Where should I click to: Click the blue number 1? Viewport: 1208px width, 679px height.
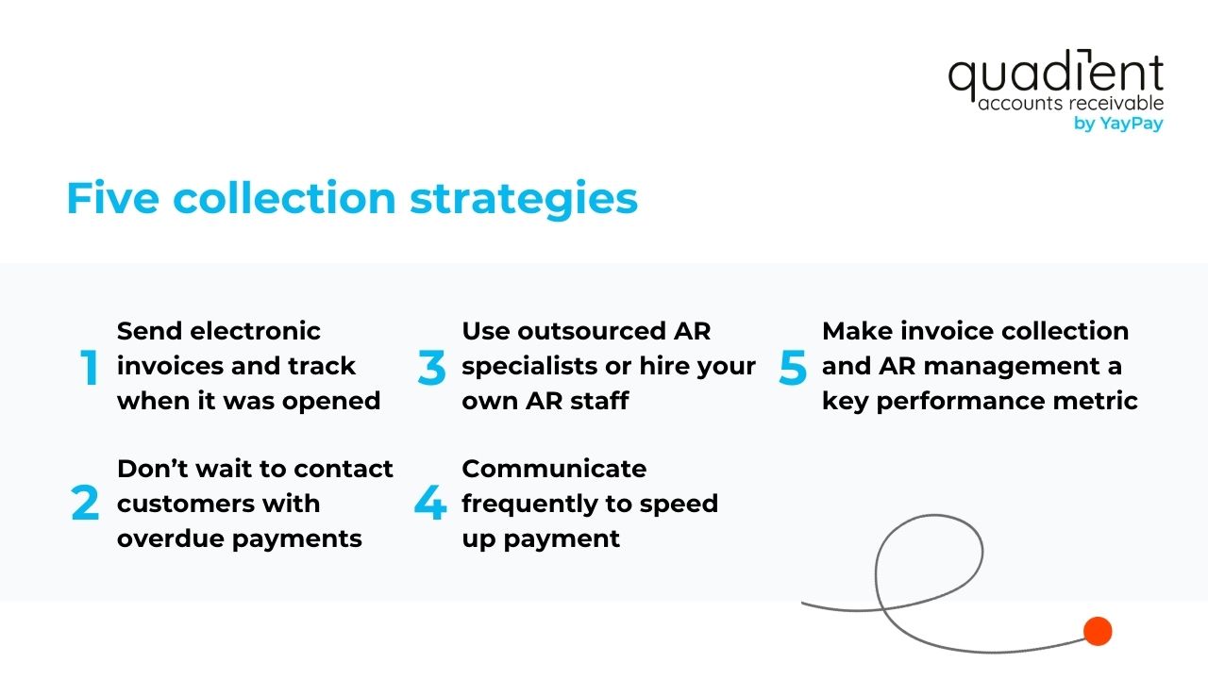click(90, 368)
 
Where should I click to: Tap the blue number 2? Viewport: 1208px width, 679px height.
click(85, 504)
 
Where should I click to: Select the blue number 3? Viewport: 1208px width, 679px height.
click(431, 368)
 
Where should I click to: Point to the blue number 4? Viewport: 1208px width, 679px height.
click(430, 504)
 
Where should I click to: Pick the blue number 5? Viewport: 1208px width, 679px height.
click(793, 368)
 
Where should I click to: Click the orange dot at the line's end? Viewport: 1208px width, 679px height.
click(1098, 631)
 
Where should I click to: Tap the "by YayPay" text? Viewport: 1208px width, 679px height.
click(1118, 124)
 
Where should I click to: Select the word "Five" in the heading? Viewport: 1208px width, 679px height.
click(112, 199)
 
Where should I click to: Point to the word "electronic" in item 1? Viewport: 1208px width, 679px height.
click(255, 331)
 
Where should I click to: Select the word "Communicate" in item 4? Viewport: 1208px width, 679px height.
click(554, 469)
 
